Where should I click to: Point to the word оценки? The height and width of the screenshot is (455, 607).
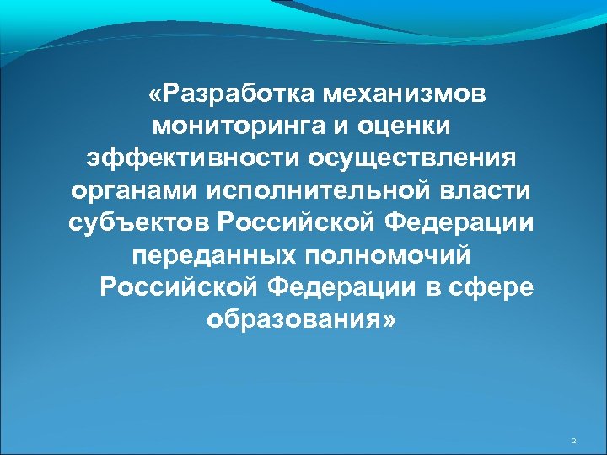pyautogui.click(x=411, y=126)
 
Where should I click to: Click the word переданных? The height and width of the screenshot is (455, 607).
pyautogui.click(x=204, y=255)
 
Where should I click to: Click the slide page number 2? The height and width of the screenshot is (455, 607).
pyautogui.click(x=573, y=440)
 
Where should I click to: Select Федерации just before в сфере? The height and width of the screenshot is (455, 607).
pyautogui.click(x=341, y=287)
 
